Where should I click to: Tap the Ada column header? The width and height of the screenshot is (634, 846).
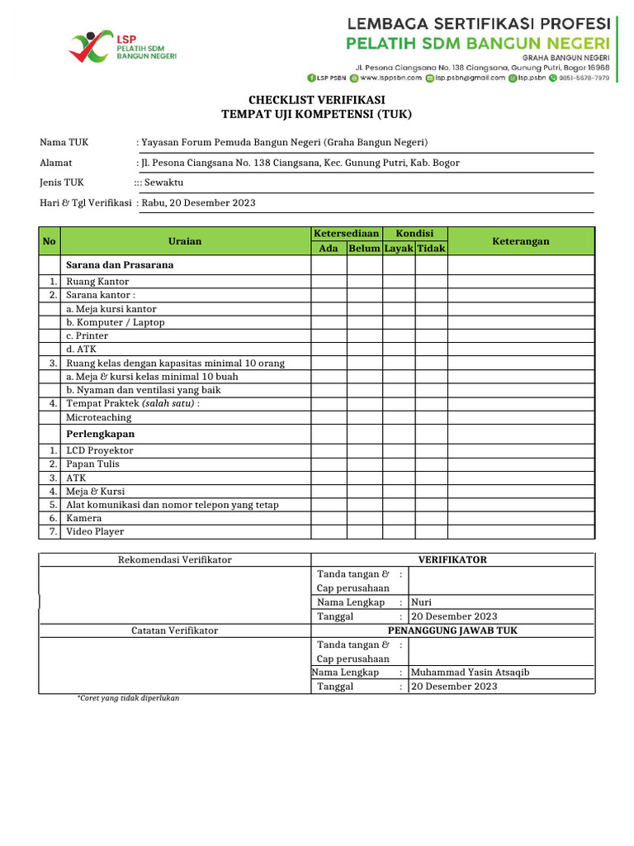[329, 248]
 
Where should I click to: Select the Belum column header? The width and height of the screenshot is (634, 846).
[364, 248]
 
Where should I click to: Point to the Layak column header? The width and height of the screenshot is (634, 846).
[399, 248]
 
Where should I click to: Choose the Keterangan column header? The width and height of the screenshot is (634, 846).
[520, 240]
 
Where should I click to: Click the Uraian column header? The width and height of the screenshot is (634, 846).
[185, 240]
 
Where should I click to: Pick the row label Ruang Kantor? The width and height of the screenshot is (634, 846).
[97, 282]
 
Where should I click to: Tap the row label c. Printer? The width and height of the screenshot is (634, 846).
[87, 335]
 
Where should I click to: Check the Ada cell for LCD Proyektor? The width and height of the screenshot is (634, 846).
[329, 450]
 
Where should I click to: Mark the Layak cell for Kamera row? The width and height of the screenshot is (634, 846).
[399, 518]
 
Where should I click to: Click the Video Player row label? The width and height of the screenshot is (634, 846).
[95, 532]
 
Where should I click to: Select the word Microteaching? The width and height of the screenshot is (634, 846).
[98, 418]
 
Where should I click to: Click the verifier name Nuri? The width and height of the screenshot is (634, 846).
[421, 602]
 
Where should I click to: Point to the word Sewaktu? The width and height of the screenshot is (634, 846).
[163, 183]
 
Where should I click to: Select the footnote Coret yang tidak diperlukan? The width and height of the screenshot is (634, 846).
[128, 698]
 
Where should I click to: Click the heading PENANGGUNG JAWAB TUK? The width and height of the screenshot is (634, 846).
[452, 630]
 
